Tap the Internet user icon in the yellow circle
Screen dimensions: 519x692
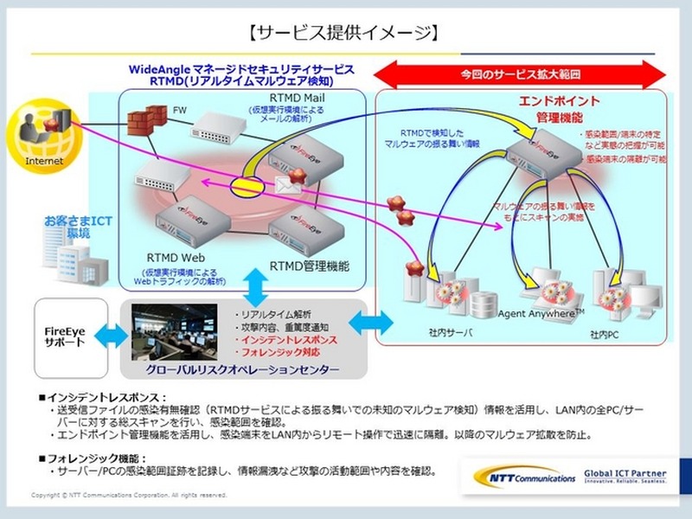35,130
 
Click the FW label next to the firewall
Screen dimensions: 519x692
180,111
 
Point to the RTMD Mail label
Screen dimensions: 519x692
299,97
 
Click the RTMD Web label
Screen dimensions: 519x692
173,258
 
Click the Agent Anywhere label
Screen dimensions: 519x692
541,311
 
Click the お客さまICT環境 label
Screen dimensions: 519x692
67,228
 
